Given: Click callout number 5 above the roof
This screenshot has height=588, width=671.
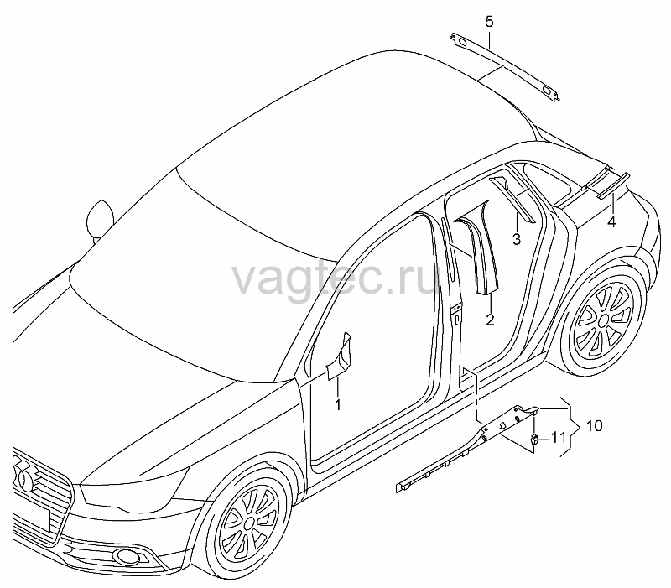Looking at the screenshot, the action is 489,22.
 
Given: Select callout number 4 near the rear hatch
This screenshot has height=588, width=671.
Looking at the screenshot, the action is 612,221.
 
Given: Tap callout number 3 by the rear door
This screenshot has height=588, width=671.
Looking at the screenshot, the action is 517,239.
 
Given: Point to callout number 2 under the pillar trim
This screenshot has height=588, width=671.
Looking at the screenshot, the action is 490,320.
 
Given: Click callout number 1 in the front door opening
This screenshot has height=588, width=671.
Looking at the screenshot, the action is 338,404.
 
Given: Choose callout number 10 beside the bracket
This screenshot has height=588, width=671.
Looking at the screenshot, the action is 594,425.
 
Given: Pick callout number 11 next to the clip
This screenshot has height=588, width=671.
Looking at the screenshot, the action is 558,437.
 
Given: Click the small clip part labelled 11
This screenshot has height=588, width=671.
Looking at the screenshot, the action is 535,439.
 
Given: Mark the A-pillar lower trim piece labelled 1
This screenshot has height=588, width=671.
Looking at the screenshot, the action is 340,358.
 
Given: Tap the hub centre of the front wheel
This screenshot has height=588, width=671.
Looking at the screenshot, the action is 249,523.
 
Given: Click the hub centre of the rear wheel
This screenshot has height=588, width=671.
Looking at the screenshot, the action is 604,320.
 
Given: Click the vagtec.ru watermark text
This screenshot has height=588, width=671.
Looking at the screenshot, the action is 335,278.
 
